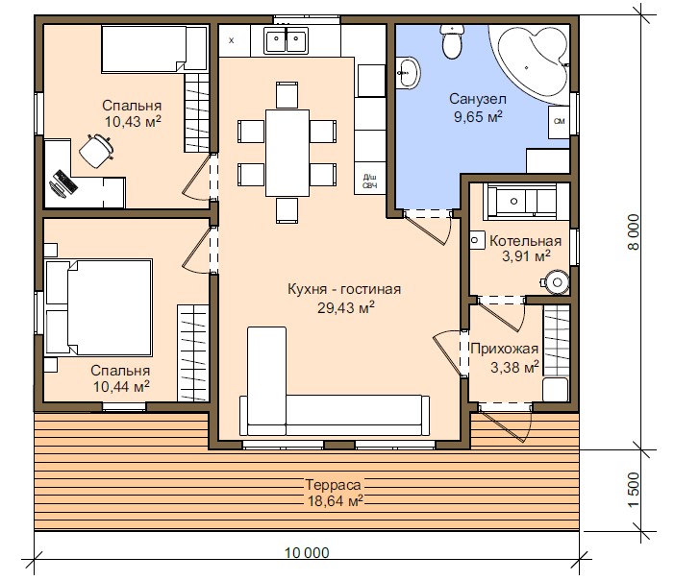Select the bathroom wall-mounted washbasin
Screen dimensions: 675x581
pyautogui.click(x=407, y=73)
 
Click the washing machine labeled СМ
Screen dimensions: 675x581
pyautogui.click(x=559, y=122)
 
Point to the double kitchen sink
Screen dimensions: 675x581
pyautogui.click(x=287, y=40)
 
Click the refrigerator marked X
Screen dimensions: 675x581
pyautogui.click(x=234, y=40)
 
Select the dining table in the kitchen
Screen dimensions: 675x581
pyautogui.click(x=287, y=153)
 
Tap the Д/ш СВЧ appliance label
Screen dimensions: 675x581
pyautogui.click(x=370, y=182)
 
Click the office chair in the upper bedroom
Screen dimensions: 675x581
pyautogui.click(x=97, y=151)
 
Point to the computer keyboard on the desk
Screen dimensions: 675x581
pyautogui.click(x=65, y=181)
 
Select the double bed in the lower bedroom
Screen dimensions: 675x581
pyautogui.click(x=99, y=307)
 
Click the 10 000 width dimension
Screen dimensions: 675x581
pyautogui.click(x=307, y=552)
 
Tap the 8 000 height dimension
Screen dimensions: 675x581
pyautogui.click(x=634, y=232)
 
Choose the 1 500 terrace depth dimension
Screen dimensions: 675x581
pyautogui.click(x=634, y=490)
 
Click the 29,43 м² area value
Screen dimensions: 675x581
pyautogui.click(x=346, y=307)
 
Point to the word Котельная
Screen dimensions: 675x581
pyautogui.click(x=525, y=241)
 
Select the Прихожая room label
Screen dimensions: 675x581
pyautogui.click(x=504, y=349)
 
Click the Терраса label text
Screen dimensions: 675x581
pyautogui.click(x=334, y=485)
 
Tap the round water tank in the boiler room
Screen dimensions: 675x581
pyautogui.click(x=556, y=282)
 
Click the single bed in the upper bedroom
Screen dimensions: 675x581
pyautogui.click(x=154, y=49)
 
